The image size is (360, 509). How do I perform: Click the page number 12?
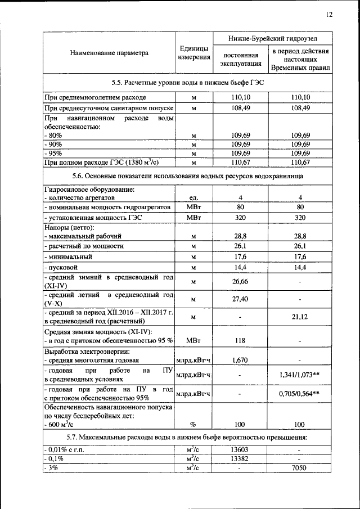(x=328, y=15)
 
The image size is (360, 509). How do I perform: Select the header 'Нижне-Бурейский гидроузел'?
(x=272, y=40)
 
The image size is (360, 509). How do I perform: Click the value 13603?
(x=240, y=449)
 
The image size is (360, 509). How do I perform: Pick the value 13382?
(x=240, y=458)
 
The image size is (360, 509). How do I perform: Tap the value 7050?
(x=300, y=468)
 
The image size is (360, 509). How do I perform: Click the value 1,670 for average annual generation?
(x=240, y=360)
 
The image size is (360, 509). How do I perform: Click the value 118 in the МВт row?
(x=240, y=340)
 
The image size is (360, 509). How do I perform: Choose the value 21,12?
(x=300, y=317)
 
